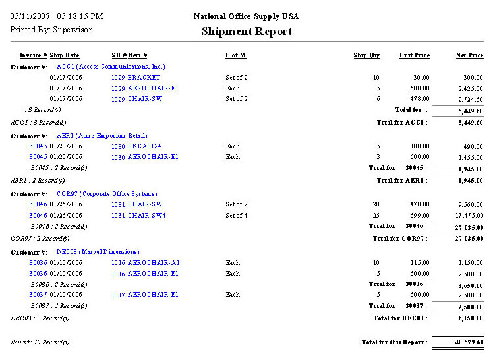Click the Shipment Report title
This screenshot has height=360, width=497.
[x=247, y=31]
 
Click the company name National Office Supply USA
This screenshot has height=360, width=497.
[x=247, y=16]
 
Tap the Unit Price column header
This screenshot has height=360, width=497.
[x=414, y=55]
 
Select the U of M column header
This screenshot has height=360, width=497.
[x=235, y=55]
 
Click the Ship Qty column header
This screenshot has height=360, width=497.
[x=366, y=55]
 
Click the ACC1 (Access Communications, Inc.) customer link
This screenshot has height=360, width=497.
[x=110, y=67]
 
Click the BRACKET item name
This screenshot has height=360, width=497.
[x=144, y=78]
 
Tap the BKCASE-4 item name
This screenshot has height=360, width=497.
[x=144, y=146]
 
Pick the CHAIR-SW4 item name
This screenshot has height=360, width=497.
[x=146, y=215]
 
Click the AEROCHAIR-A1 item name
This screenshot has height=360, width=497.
[x=154, y=262]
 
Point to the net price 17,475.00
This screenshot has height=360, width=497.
[x=469, y=215]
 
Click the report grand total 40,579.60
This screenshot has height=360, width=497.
[x=469, y=342]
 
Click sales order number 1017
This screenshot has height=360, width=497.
[x=118, y=294]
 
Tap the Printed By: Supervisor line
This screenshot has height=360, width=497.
[x=51, y=30]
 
